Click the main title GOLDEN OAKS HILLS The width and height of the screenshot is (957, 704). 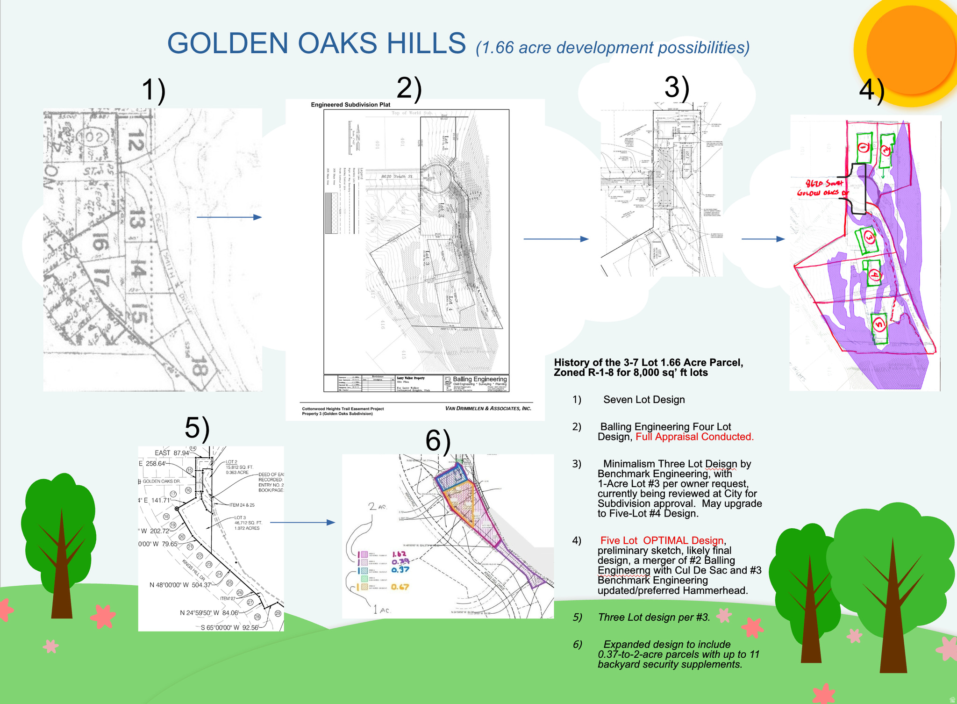316,43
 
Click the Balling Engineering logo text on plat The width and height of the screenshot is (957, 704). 479,379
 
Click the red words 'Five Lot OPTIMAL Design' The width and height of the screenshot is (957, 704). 662,540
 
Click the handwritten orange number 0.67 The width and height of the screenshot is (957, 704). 400,587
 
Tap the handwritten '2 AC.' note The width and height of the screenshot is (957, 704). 378,506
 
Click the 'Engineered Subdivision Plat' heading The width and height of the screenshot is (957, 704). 350,105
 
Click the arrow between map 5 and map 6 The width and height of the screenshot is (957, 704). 302,522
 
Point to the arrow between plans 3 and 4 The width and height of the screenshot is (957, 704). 763,239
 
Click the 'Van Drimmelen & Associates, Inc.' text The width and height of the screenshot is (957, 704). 488,408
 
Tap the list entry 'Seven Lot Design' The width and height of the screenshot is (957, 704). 643,400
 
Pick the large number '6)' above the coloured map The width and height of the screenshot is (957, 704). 437,441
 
